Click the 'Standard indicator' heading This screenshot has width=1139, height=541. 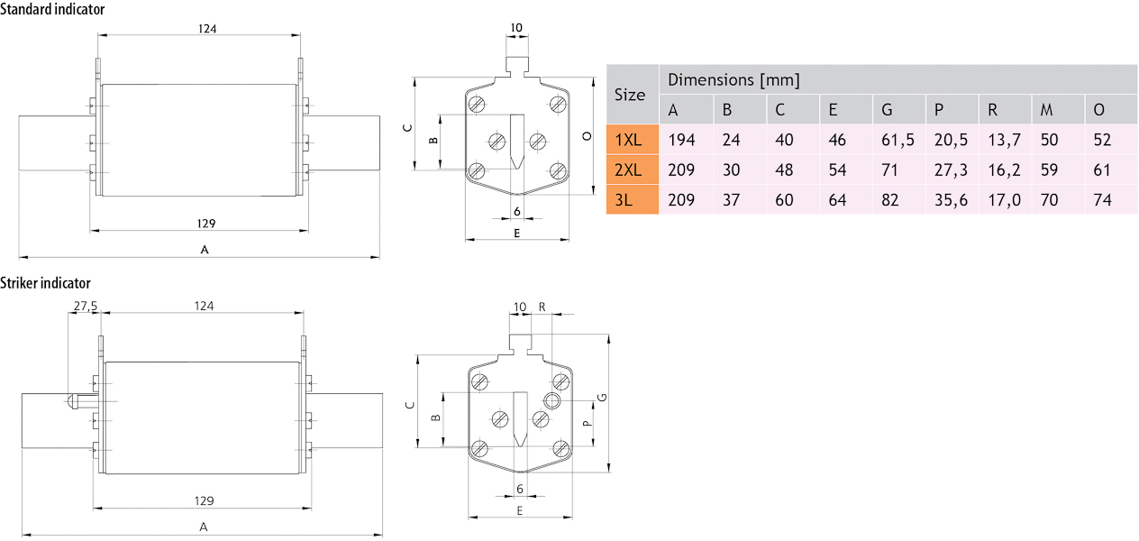(x=52, y=9)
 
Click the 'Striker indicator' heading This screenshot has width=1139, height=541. (x=45, y=283)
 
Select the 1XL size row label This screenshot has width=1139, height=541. (x=628, y=140)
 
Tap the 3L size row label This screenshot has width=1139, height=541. (x=624, y=199)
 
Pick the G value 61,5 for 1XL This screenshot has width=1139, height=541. (x=898, y=140)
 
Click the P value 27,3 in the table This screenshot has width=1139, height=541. (x=951, y=170)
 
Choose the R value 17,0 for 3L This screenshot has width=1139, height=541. (x=1004, y=199)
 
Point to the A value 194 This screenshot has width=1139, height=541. (x=681, y=140)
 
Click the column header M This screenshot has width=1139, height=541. (x=1046, y=109)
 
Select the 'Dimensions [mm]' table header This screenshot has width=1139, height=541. (x=734, y=80)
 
